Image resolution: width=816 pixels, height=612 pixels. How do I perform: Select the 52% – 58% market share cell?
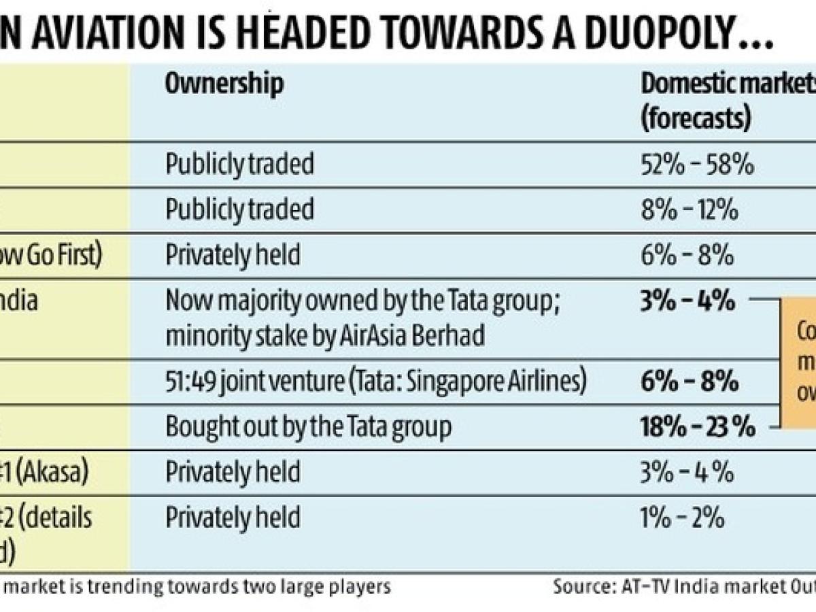click(x=698, y=164)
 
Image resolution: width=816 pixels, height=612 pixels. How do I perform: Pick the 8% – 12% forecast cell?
click(x=690, y=209)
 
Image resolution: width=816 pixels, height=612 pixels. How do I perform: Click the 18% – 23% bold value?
click(x=698, y=427)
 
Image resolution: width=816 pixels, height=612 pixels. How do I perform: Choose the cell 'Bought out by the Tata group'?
click(x=309, y=427)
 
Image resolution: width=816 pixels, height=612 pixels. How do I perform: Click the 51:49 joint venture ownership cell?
click(x=376, y=381)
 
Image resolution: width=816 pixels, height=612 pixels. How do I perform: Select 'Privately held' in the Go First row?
click(x=233, y=255)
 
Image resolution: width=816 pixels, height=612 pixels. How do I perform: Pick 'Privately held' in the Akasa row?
click(x=233, y=473)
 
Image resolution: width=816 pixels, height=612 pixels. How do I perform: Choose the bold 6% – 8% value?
click(x=690, y=381)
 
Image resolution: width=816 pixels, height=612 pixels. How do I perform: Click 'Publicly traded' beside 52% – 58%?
click(x=240, y=164)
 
